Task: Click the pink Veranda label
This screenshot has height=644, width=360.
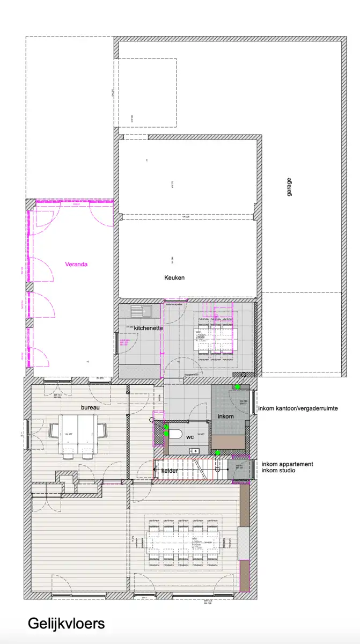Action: (x=76, y=264)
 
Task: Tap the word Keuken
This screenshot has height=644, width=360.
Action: (x=174, y=277)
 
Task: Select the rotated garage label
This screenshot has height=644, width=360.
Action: (x=289, y=187)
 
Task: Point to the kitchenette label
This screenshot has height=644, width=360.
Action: (x=148, y=328)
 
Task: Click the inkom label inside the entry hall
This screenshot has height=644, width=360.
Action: (x=225, y=416)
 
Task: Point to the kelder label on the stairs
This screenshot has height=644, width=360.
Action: (x=170, y=471)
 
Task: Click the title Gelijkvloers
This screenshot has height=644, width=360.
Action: (x=67, y=624)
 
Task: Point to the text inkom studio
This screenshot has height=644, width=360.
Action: (x=278, y=471)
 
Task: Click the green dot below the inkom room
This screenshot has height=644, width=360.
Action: (x=217, y=453)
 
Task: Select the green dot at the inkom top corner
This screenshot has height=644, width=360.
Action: (x=237, y=387)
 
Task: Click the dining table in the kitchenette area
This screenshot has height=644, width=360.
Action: (x=215, y=338)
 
